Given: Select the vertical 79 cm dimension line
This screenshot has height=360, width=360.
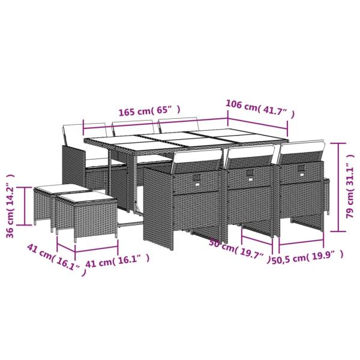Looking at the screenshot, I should click(x=340, y=188).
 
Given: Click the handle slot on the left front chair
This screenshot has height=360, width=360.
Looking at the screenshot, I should click(x=198, y=177).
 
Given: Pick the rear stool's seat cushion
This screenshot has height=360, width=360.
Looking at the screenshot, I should click(x=53, y=188).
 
